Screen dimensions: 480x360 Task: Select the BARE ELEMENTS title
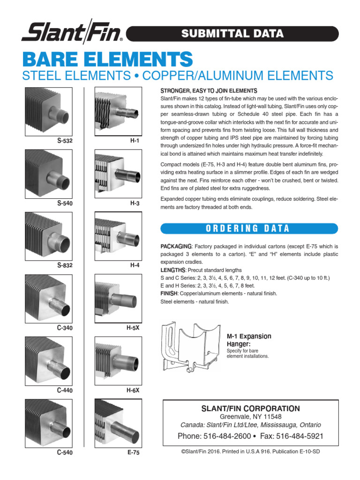[x=107, y=59]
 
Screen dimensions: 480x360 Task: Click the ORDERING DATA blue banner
[x=248, y=228]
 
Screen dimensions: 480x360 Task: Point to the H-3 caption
[x=135, y=203]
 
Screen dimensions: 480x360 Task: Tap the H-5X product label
[x=133, y=328]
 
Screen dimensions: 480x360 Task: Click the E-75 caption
[x=134, y=453]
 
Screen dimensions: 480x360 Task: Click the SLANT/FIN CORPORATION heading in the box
[x=250, y=408]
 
